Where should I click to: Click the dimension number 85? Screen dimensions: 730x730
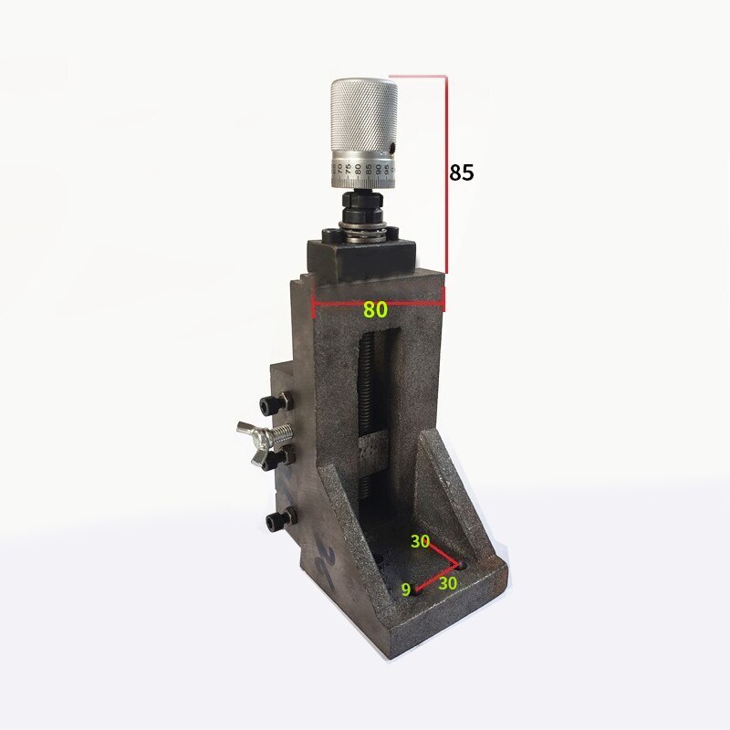point(462,172)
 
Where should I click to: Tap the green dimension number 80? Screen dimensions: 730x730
point(375,309)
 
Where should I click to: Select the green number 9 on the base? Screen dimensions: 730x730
point(405,589)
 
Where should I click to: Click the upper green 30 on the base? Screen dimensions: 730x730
point(420,541)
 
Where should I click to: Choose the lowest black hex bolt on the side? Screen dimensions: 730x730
point(274,520)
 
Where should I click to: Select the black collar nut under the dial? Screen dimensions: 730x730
point(362,204)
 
